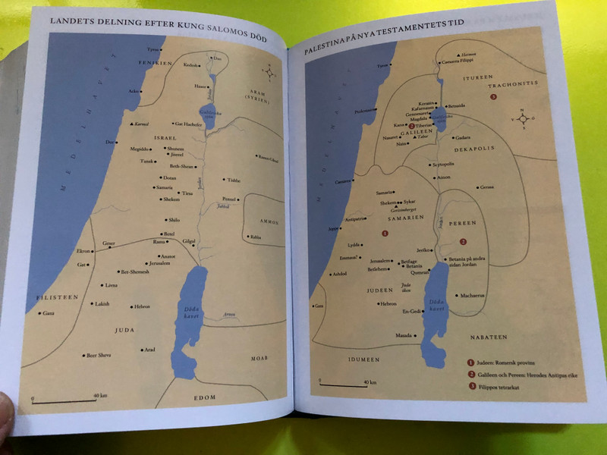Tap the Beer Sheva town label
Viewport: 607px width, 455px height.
click(101, 355)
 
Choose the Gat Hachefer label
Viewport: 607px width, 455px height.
click(188, 124)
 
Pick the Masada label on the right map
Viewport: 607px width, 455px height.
click(402, 334)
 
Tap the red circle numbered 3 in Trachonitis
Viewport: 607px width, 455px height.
click(494, 98)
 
